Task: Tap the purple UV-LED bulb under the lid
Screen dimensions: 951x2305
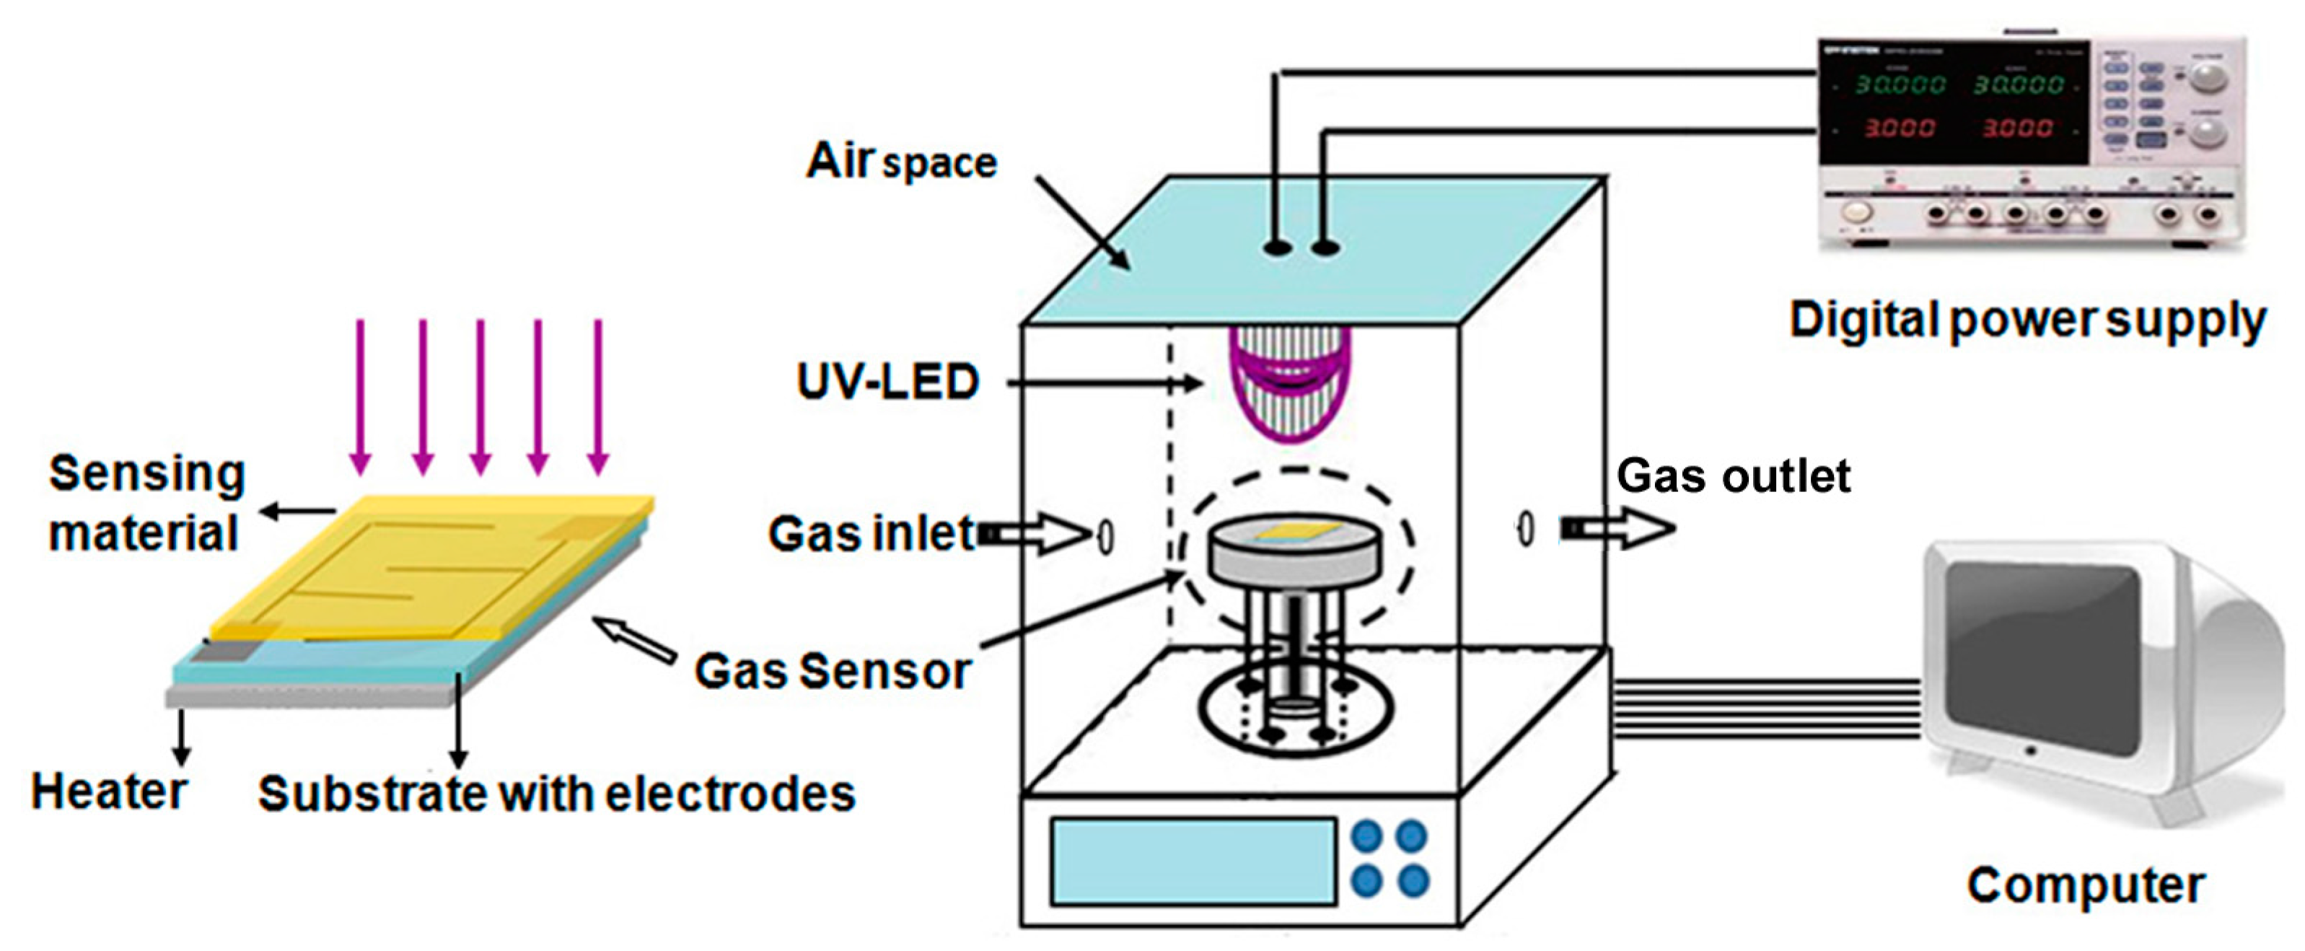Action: [1288, 385]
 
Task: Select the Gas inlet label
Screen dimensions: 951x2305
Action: [871, 534]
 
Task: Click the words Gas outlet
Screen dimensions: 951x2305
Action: [1732, 476]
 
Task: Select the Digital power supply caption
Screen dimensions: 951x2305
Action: [2026, 320]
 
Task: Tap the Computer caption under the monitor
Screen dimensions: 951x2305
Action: [2085, 885]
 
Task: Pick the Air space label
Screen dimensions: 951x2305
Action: [900, 162]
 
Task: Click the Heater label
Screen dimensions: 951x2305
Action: [108, 792]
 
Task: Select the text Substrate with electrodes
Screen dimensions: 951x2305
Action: [556, 794]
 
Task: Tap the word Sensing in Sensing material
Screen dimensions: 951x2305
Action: [146, 473]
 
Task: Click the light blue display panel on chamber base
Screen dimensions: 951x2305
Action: [1193, 861]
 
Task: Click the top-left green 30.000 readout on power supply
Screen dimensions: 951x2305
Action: [1898, 84]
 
